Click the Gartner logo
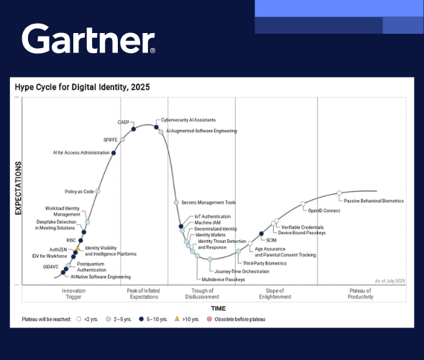pos(88,40)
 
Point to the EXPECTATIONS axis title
pos(18,189)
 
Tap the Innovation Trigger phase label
pos(73,293)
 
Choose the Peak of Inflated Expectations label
pos(142,293)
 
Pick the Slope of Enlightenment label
pos(275,293)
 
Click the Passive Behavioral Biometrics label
pos(374,201)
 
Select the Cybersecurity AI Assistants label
pos(188,120)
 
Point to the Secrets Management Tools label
pos(208,203)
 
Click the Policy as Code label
pos(79,192)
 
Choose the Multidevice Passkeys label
pos(223,279)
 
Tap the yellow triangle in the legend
pos(178,318)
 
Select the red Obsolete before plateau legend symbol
pos(210,318)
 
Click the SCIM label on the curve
pos(271,240)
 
